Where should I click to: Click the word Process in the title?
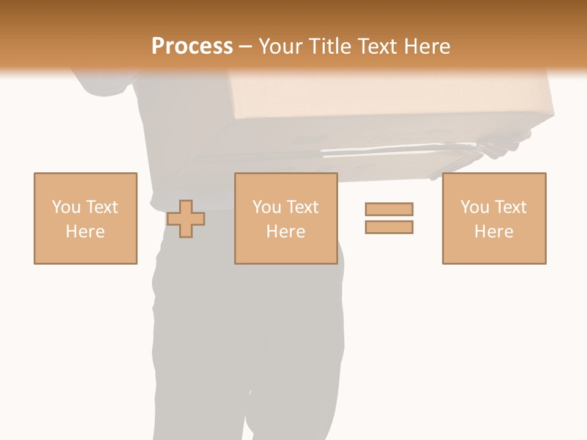click(x=192, y=46)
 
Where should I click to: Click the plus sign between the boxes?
click(x=186, y=218)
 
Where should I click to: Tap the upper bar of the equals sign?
click(x=389, y=209)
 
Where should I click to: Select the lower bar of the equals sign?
click(x=389, y=227)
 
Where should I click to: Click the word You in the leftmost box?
click(x=65, y=207)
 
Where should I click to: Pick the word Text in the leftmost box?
click(x=102, y=207)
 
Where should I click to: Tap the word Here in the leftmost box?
click(x=85, y=232)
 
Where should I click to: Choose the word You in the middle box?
click(x=267, y=207)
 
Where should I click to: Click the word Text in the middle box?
click(x=303, y=207)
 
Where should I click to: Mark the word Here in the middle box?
click(x=286, y=232)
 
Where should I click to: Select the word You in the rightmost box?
click(x=474, y=207)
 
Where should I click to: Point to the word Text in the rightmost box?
click(x=511, y=207)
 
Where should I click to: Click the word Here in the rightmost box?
click(x=493, y=232)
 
